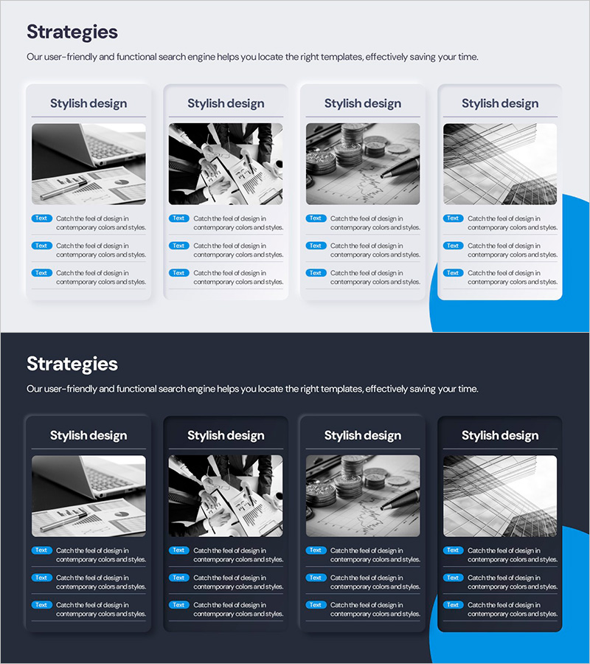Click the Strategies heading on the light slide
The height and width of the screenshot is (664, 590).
pos(72,32)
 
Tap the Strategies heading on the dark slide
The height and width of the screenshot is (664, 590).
pos(72,364)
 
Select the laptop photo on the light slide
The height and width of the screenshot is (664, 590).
pos(88,164)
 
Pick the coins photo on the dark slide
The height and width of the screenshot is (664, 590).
pos(363,496)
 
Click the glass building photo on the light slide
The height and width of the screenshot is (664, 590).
pos(500,164)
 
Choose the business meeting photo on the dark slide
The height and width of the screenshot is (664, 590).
pos(226,496)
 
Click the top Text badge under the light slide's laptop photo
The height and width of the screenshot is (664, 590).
pos(41,218)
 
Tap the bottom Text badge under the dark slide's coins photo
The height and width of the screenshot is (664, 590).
pos(316,605)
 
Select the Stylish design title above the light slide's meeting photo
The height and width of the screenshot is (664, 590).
pos(226,104)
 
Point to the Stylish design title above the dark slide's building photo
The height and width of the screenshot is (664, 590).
pos(500,436)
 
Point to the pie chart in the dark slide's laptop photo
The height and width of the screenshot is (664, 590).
pos(122,513)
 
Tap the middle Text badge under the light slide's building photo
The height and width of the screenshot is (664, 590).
pos(453,246)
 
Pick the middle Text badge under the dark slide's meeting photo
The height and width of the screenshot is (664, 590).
pos(178,578)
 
